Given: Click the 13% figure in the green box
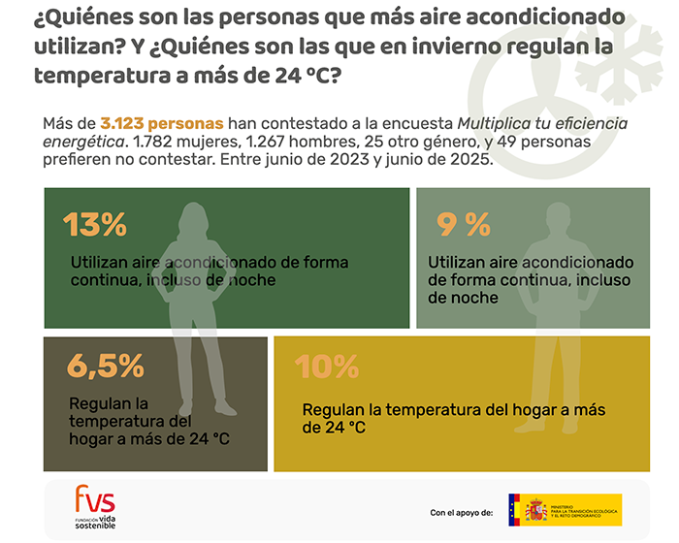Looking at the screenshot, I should click(x=95, y=225).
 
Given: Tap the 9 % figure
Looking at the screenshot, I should click(x=464, y=225).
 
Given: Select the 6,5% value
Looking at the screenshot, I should click(x=105, y=367).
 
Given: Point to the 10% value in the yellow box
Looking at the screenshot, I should click(x=326, y=367).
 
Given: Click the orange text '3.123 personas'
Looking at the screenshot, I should click(x=163, y=124).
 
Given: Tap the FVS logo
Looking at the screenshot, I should click(x=95, y=501).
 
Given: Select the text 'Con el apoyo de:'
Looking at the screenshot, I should click(x=461, y=511).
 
